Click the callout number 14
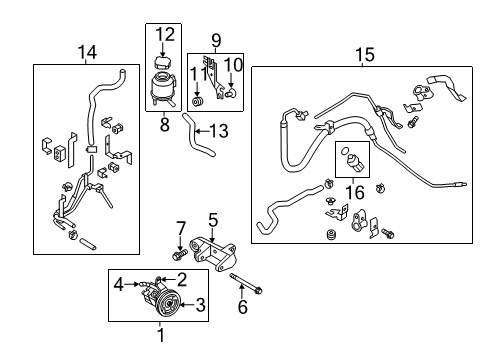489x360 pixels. tap(87, 52)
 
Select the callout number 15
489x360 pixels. tap(365, 55)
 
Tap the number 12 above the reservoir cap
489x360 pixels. tap(165, 34)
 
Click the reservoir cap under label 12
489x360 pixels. tap(162, 63)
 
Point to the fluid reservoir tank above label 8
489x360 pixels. tap(162, 89)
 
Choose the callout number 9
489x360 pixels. tap(216, 41)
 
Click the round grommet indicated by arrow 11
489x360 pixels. tap(198, 102)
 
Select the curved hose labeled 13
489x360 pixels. tap(197, 136)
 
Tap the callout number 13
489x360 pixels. tap(219, 131)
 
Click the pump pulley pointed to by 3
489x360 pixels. tap(170, 303)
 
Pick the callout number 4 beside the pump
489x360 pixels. tap(119, 285)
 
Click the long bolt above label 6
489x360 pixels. tap(246, 283)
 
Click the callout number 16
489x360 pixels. tap(355, 193)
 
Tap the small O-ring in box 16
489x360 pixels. tap(343, 151)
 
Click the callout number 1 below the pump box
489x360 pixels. tap(161, 335)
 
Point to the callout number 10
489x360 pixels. tap(233, 65)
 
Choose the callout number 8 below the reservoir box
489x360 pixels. tap(165, 125)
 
